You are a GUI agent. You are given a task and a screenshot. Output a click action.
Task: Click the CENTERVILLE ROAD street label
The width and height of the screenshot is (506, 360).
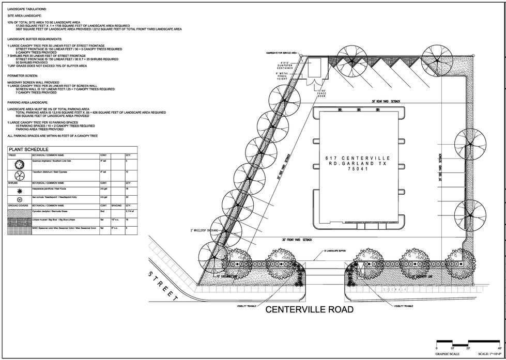310,310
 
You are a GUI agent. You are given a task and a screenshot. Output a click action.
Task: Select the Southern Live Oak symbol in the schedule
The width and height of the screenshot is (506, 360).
19,164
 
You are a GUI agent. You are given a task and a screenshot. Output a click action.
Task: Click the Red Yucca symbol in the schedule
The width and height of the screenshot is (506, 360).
19,190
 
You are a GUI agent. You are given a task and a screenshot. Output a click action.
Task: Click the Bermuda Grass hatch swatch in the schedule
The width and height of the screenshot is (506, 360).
19,212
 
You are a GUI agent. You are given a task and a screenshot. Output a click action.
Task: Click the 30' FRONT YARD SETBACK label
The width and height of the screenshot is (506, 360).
298,240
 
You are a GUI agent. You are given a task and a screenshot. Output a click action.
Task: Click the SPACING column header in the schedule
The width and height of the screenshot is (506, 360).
116,206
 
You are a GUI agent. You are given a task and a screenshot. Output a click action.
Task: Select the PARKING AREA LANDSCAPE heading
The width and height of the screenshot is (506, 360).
30,103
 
